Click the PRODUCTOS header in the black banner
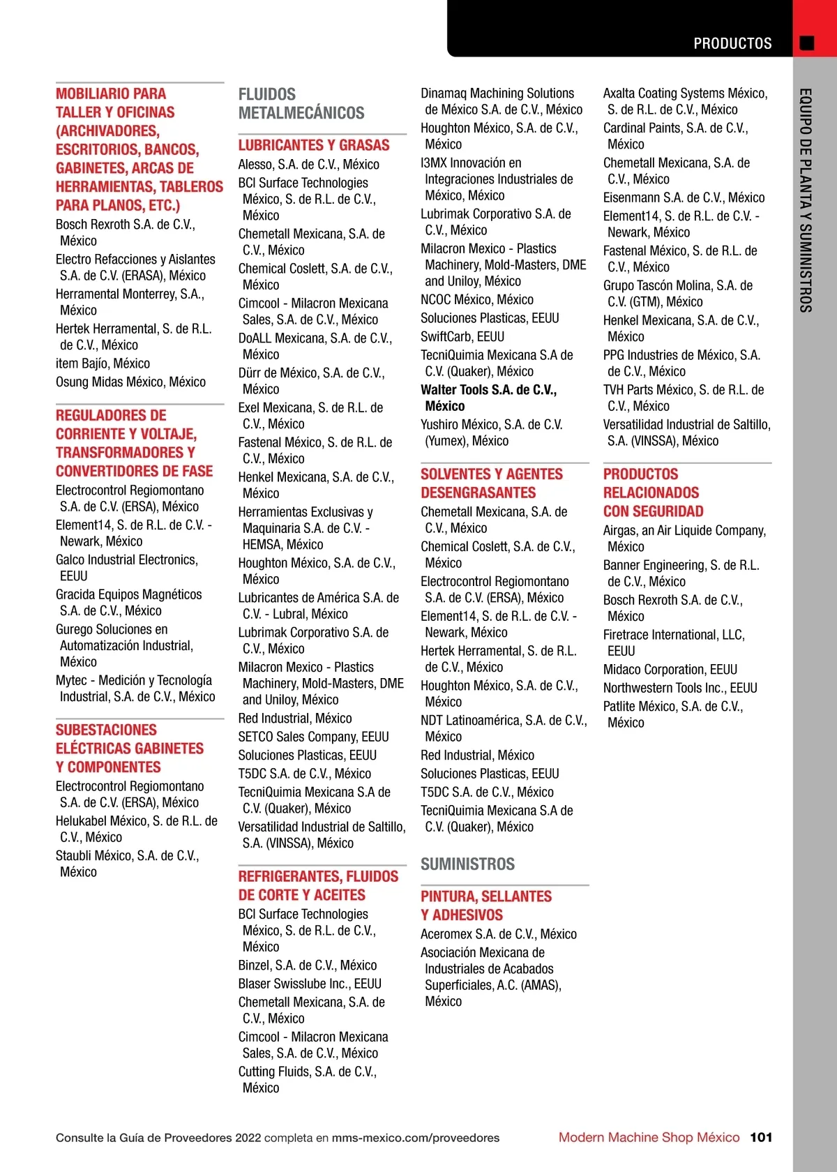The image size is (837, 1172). (x=732, y=43)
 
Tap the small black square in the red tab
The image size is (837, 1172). (x=807, y=43)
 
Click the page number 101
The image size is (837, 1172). (x=761, y=1137)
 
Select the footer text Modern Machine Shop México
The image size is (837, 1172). (x=649, y=1137)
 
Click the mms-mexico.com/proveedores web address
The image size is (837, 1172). (x=416, y=1138)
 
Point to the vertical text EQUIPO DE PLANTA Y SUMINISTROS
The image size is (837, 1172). (x=806, y=200)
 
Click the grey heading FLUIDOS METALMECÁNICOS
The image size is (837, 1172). (x=301, y=103)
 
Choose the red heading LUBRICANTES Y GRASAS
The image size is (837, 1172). (x=314, y=145)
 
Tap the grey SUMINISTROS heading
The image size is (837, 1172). (x=467, y=864)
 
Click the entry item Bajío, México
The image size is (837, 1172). (x=103, y=363)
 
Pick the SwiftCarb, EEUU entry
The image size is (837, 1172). (x=462, y=337)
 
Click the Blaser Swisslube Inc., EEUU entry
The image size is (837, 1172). (x=310, y=984)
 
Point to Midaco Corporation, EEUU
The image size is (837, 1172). (x=670, y=670)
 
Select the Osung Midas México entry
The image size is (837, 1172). (x=130, y=382)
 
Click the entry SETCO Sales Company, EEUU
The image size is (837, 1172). (x=313, y=737)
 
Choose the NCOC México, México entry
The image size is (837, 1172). (x=477, y=299)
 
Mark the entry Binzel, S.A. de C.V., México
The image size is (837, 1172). (x=308, y=966)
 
